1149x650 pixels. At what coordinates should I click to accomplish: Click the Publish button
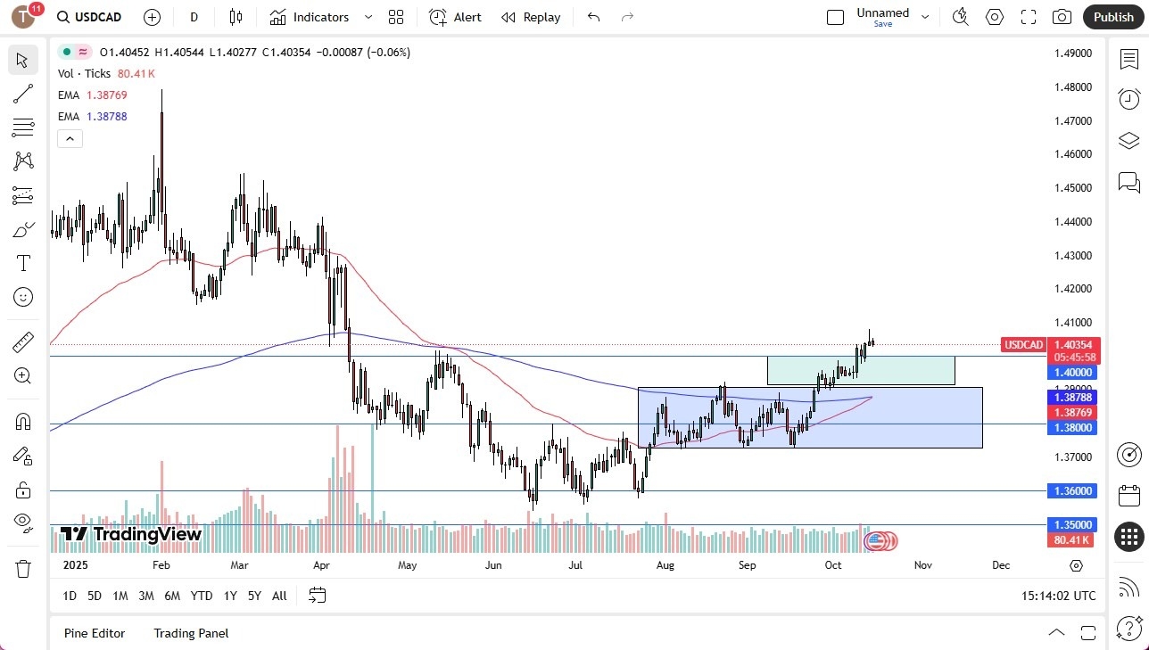coord(1112,17)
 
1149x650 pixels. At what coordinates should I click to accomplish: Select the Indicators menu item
coord(320,17)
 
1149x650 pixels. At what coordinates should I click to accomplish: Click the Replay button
coord(531,17)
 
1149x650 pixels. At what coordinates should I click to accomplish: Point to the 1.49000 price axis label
coord(1073,53)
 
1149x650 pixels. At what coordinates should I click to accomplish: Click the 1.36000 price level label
coord(1073,490)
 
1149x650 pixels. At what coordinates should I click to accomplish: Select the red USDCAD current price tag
coord(1023,345)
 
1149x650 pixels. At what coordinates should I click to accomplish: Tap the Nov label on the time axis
coord(922,565)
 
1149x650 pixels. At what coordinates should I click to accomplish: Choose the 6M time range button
coord(172,596)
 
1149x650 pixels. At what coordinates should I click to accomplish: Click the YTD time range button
coord(202,596)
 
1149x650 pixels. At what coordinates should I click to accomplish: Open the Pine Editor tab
coord(95,633)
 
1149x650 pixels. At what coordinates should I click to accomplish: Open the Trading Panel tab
coord(191,633)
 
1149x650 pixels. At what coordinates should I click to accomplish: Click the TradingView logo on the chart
coord(131,534)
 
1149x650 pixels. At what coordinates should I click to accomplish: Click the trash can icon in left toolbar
coord(23,568)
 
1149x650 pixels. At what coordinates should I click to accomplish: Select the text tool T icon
coord(23,263)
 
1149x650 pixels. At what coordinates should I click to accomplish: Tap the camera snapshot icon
coord(1062,17)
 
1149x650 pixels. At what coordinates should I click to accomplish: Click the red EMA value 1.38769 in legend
coord(106,95)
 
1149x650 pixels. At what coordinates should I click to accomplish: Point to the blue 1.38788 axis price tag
coord(1073,397)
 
